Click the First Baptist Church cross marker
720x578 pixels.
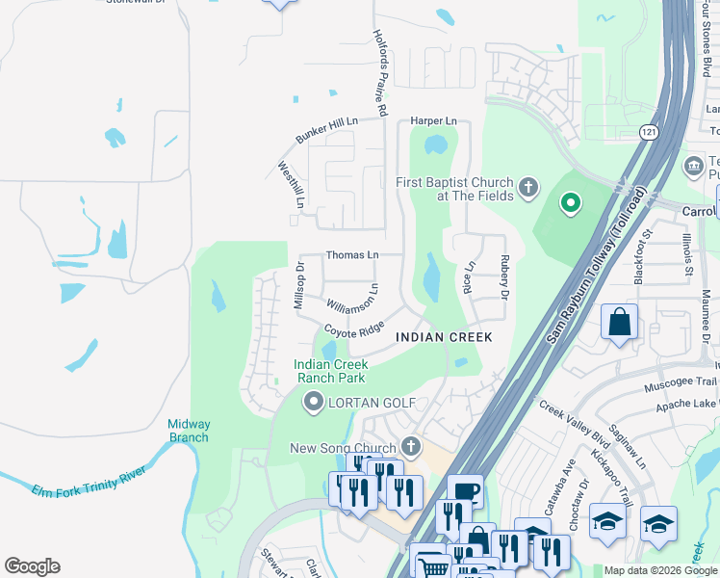click(527, 188)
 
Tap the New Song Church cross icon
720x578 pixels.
click(411, 447)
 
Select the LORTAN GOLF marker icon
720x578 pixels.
click(312, 402)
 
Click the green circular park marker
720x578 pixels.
click(570, 202)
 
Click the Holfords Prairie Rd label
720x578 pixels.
click(379, 72)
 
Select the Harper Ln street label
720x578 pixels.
click(433, 121)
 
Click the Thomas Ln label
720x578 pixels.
click(351, 255)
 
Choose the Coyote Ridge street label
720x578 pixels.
click(353, 328)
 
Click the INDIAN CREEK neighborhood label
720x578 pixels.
click(444, 337)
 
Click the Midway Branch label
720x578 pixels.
click(188, 431)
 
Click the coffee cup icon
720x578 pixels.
click(464, 491)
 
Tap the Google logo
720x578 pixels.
click(32, 566)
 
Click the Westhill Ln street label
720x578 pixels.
click(291, 185)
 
